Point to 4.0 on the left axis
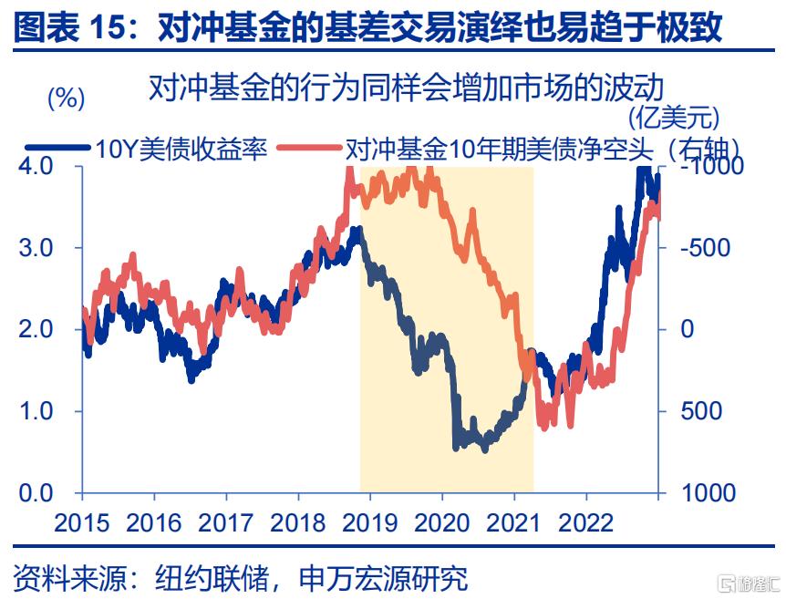(x=36, y=166)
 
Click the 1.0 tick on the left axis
(x=36, y=411)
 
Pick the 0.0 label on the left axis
(x=36, y=493)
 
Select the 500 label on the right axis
(x=701, y=411)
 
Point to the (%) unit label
(x=65, y=98)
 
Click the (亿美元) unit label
(x=674, y=117)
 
